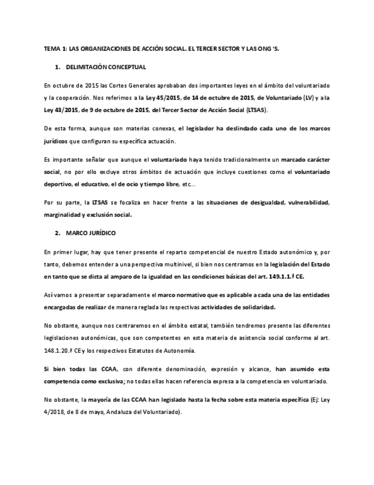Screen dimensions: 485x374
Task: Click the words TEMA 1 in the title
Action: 55,49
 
